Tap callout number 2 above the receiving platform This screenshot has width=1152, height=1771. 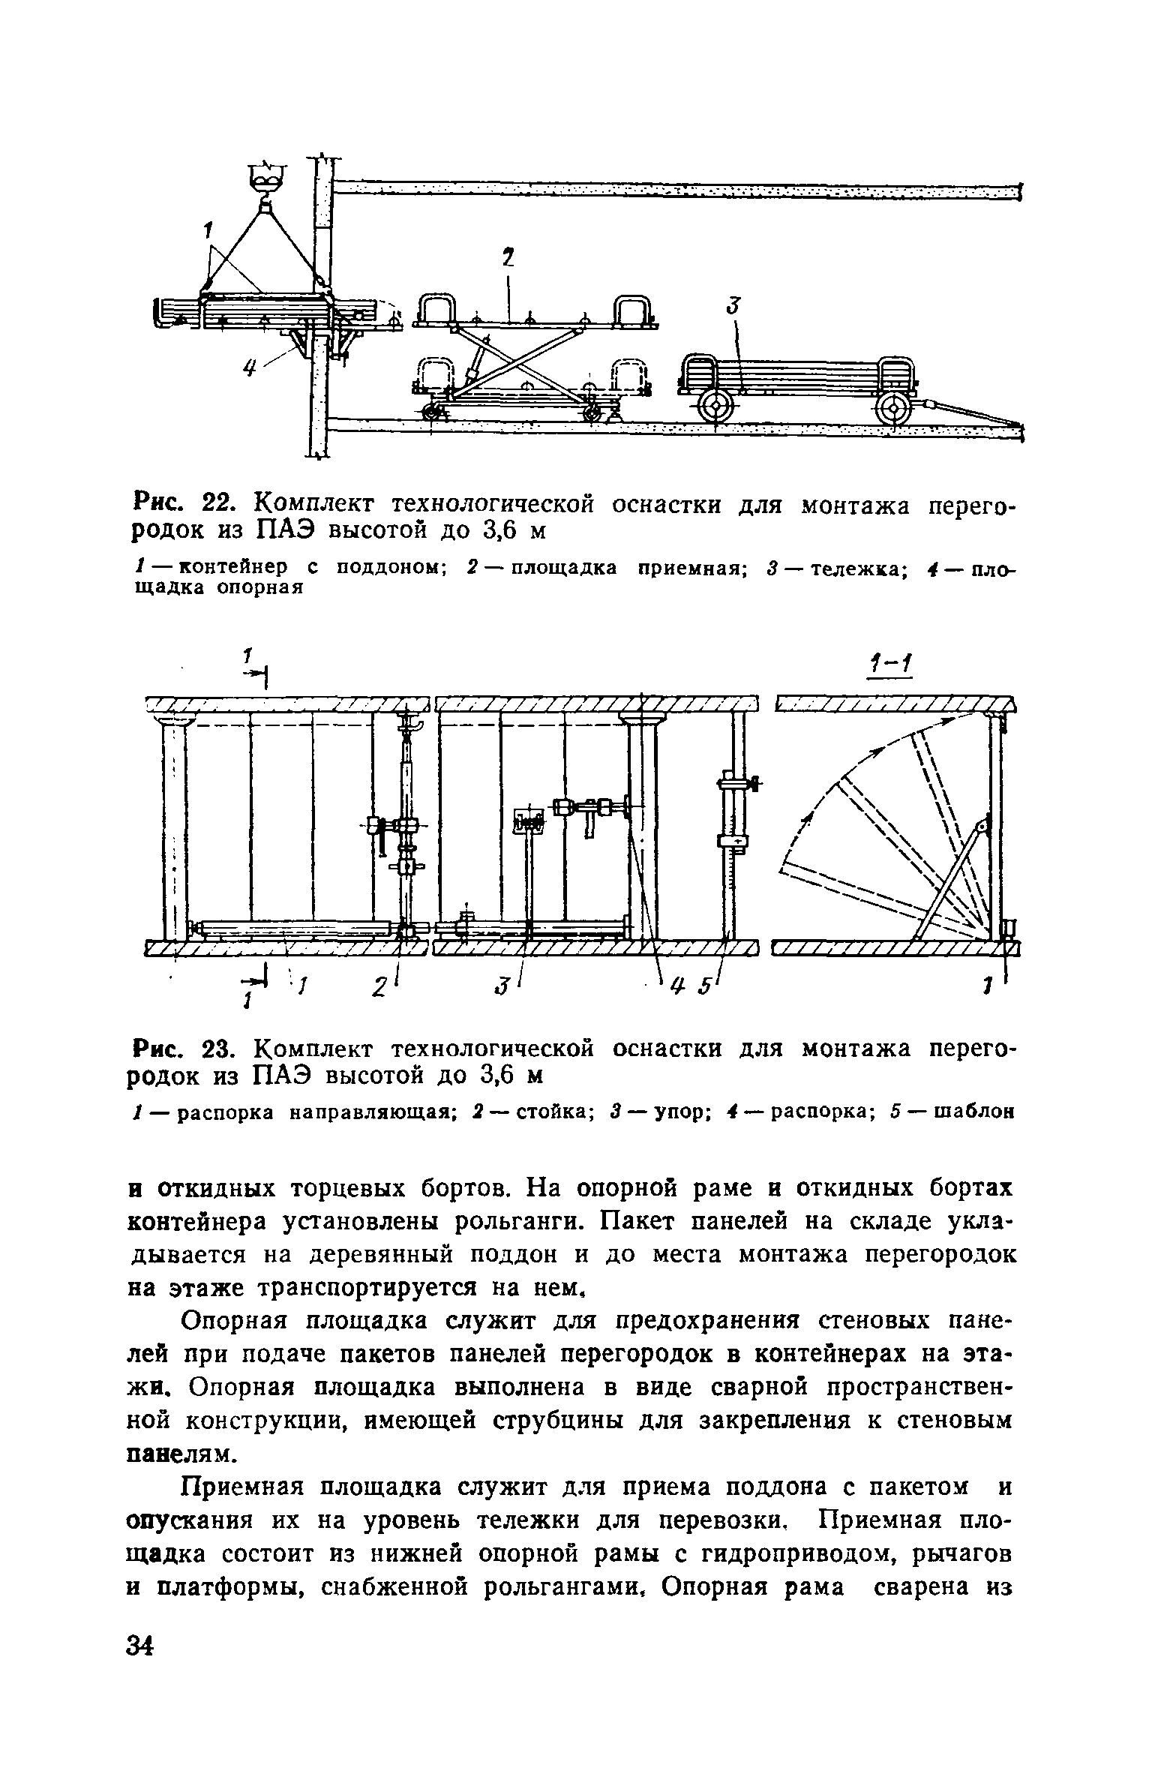point(509,260)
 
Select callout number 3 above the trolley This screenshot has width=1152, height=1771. point(733,305)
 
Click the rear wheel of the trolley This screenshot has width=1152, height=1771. point(716,407)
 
